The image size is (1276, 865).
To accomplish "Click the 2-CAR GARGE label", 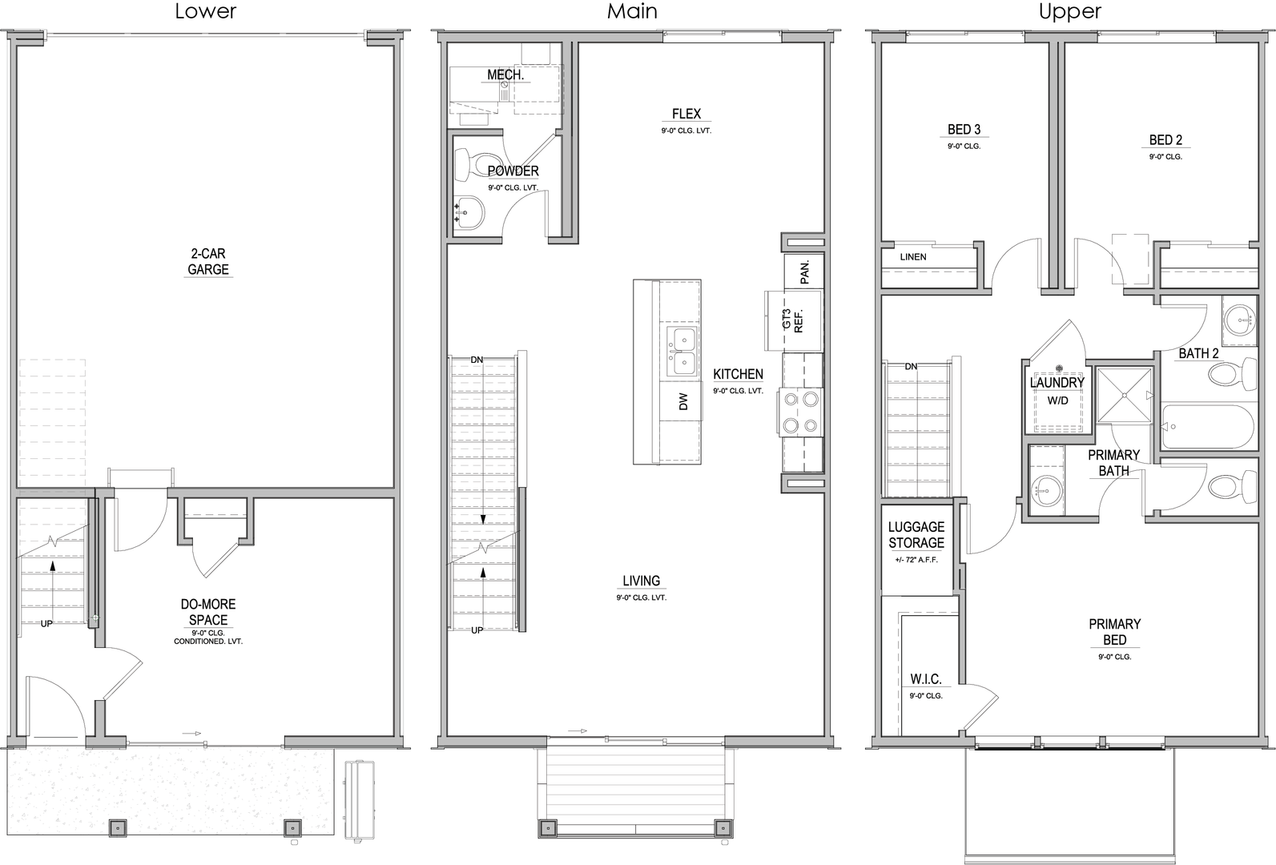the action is pos(208,261).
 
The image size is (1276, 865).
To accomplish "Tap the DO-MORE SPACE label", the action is pos(208,612).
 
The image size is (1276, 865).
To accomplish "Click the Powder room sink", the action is pos(470,213).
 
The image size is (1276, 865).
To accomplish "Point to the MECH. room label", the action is pos(505,74).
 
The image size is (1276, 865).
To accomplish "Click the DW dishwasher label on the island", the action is pos(683,401).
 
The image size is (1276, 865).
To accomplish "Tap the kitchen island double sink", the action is pos(682,352).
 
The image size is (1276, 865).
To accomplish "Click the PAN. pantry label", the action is pos(805,272).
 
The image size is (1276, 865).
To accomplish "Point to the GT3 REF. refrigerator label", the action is pos(792,320).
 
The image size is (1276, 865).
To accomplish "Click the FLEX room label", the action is pos(686,114).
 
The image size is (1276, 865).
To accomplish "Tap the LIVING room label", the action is pos(642,581).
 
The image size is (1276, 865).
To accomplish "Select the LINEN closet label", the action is pos(913,257).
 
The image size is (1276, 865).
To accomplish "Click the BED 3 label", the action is pos(964,130).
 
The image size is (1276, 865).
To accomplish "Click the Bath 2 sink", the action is pos(1239,320).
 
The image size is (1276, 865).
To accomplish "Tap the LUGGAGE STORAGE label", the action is pos(916,535).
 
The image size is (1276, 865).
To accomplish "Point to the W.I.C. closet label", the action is pos(926,679).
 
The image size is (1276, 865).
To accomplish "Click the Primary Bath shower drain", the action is pos(1125,395).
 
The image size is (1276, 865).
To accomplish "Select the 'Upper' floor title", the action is pos(1070,11).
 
